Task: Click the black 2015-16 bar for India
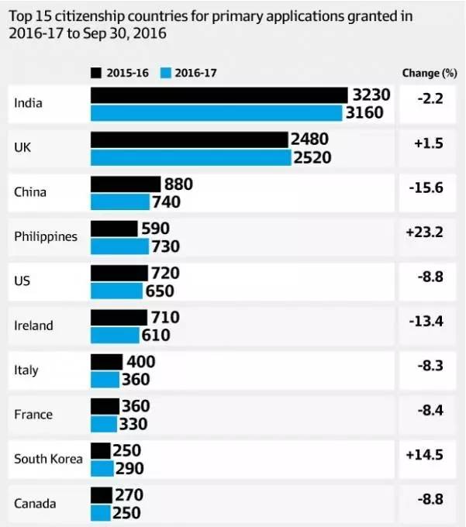pos(219,95)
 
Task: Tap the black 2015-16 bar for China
pos(126,184)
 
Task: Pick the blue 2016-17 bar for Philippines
pos(119,246)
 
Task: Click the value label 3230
pos(371,95)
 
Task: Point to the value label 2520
pos(312,157)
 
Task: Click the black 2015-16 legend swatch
pos(97,73)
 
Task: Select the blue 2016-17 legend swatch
pos(164,73)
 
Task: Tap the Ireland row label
pos(34,325)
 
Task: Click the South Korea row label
pos(48,459)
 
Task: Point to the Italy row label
pos(27,370)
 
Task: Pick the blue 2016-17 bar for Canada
pos(101,513)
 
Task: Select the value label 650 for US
pos(159,291)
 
